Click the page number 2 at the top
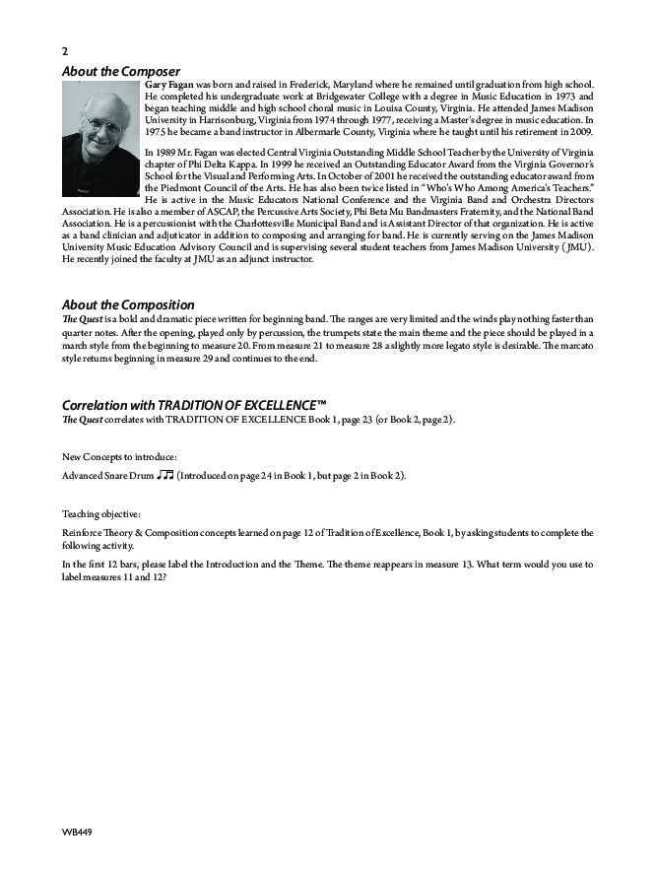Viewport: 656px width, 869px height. [x=65, y=51]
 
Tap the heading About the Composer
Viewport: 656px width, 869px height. [x=121, y=71]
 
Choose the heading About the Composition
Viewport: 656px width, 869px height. [x=128, y=304]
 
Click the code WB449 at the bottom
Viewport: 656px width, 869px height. [x=77, y=832]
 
